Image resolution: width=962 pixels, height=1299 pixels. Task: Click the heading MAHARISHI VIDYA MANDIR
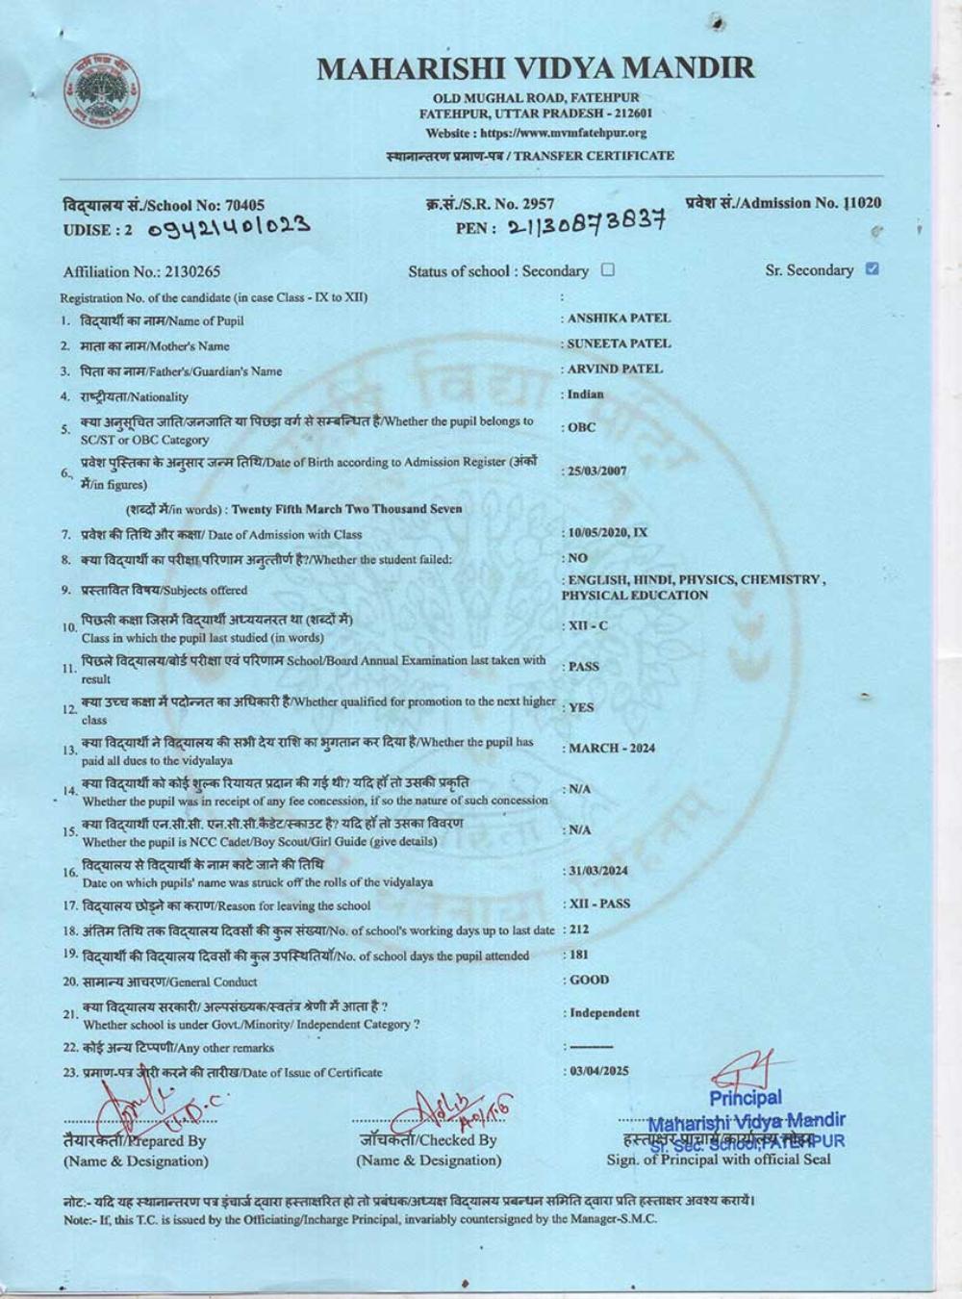pos(536,68)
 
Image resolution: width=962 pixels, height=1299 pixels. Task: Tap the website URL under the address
pos(536,133)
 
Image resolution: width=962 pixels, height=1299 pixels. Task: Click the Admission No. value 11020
pos(863,203)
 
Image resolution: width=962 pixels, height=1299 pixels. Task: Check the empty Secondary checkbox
pos(607,270)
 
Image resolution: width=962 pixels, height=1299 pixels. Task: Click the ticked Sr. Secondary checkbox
pos(872,269)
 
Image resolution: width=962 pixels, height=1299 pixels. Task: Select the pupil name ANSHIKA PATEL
pos(619,318)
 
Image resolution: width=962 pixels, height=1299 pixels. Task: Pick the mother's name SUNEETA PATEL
pos(619,344)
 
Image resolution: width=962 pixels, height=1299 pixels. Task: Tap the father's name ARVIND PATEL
pos(615,369)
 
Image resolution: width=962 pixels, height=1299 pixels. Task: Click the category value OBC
pos(581,427)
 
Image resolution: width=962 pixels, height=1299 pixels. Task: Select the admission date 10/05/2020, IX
pos(608,533)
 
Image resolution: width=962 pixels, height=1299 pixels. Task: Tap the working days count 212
pos(578,930)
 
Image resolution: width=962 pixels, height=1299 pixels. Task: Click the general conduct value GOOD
pos(589,980)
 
